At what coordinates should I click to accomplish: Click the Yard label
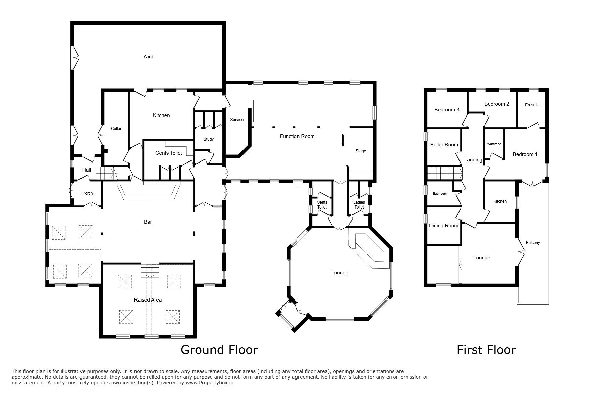(x=148, y=57)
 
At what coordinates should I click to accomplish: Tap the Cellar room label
(x=116, y=129)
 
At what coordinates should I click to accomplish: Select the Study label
(x=209, y=139)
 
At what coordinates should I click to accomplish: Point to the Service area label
(x=237, y=120)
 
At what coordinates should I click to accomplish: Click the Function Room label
(x=297, y=136)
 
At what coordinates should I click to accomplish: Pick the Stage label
(x=361, y=151)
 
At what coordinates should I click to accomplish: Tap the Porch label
(x=88, y=193)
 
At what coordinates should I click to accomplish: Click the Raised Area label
(x=148, y=300)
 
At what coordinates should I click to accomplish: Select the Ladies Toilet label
(x=359, y=205)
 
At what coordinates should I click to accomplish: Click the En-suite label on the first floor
(x=532, y=105)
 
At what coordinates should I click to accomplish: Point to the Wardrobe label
(x=494, y=144)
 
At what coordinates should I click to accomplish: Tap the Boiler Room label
(x=444, y=145)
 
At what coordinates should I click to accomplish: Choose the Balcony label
(x=533, y=243)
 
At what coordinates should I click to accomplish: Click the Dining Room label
(x=444, y=226)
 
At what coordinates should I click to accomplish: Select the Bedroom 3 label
(x=447, y=110)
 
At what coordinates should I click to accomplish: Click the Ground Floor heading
(x=219, y=350)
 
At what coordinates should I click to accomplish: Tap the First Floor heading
(x=486, y=350)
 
